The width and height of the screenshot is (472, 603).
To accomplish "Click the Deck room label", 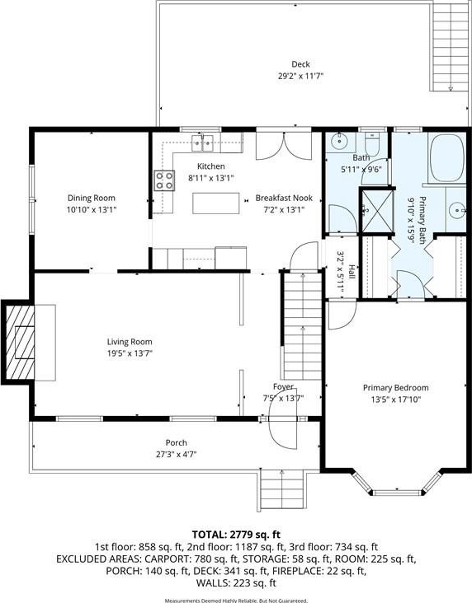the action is [x=300, y=64].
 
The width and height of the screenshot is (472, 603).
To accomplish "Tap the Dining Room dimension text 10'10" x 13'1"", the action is [x=92, y=209].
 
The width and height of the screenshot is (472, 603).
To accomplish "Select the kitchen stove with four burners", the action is [x=164, y=180].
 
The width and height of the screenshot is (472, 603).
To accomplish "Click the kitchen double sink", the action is [x=203, y=143].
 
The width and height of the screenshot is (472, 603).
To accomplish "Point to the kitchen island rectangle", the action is [x=215, y=203].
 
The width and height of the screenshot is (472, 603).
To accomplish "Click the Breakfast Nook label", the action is [x=284, y=198].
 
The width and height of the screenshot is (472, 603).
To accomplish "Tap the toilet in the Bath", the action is [x=372, y=143].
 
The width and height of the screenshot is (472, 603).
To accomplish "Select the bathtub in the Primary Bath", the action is [x=447, y=157].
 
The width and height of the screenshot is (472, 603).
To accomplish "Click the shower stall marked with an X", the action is [x=376, y=210].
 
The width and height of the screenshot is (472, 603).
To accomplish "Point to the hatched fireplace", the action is [x=18, y=342].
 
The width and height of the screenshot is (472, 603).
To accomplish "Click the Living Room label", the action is [x=130, y=342].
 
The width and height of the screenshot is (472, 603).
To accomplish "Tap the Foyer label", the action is [x=283, y=386].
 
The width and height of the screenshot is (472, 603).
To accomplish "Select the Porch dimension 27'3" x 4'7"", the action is [x=176, y=454].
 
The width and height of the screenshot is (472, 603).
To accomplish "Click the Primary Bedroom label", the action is [x=396, y=388].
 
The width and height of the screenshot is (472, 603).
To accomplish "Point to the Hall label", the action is [x=352, y=272].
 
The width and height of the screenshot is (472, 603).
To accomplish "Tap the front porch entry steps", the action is [x=282, y=492].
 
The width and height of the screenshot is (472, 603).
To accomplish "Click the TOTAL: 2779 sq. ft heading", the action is [x=236, y=535].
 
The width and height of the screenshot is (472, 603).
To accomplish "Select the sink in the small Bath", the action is [x=339, y=142].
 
